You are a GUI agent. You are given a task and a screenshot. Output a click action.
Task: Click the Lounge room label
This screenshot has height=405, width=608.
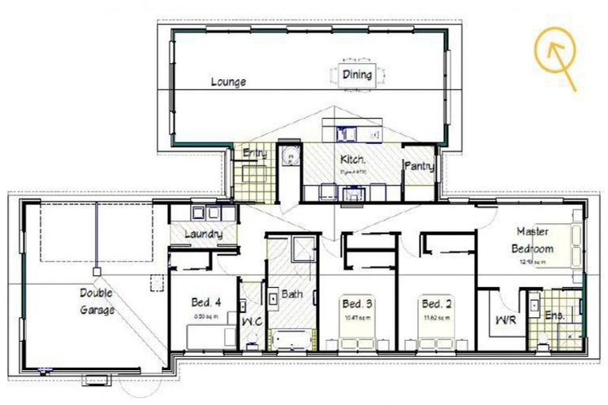[228, 81]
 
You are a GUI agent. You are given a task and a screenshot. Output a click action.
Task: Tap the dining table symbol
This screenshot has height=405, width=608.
[357, 75]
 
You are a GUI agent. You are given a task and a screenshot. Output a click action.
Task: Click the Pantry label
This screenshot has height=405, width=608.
[417, 167]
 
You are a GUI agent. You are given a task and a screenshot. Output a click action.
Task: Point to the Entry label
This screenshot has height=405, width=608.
[254, 153]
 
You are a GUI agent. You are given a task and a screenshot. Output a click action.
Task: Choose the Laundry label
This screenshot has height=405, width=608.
[203, 234]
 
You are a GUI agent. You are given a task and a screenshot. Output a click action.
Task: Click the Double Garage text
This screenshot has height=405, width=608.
[97, 301]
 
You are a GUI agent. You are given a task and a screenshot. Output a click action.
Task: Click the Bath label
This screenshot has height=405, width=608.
[291, 294]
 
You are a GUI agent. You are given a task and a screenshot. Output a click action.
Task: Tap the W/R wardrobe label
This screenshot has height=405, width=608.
[505, 320]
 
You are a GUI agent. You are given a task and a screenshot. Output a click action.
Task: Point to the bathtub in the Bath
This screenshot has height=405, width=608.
[294, 339]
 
